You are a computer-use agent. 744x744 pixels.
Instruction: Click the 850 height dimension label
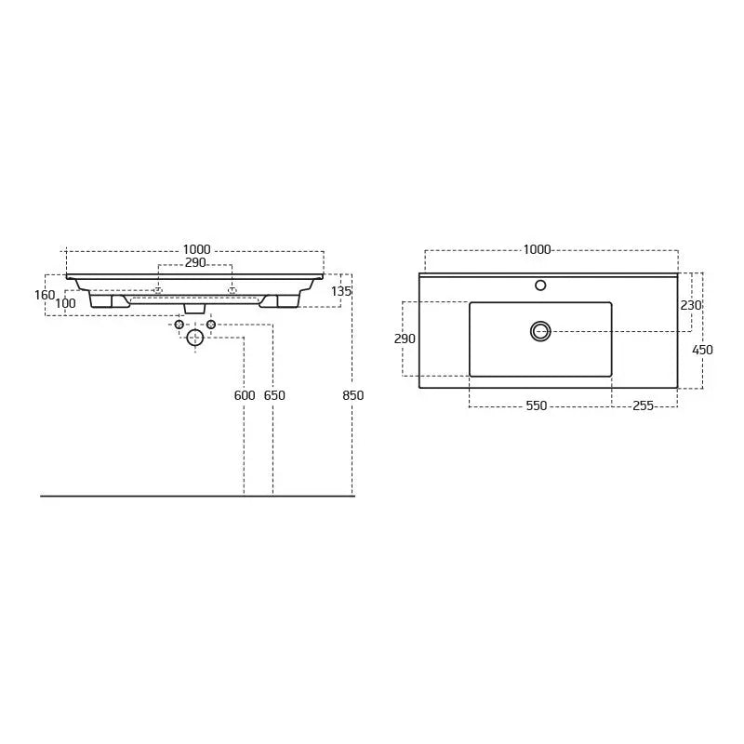coord(353,395)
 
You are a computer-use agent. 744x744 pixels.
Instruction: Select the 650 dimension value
coord(274,395)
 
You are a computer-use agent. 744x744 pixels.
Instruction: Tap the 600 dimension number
coord(245,395)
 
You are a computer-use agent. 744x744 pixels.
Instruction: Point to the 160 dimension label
coord(45,295)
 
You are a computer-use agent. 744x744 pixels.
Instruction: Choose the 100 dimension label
coord(65,304)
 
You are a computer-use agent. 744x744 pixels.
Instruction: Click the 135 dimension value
coord(341,291)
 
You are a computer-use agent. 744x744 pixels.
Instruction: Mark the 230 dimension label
coord(691,305)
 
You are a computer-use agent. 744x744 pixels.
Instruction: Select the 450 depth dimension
coord(702,350)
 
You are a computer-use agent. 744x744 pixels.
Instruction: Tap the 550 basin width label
coord(537,405)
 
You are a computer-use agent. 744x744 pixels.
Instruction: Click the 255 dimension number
coord(644,405)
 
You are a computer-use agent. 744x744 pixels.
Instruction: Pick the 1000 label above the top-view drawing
coord(537,249)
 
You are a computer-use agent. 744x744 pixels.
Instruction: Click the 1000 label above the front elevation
coord(196,249)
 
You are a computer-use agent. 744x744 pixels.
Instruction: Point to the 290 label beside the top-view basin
coord(405,339)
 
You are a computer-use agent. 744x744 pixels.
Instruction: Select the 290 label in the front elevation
coord(195,263)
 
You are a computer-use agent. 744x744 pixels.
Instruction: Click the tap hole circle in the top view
coord(540,286)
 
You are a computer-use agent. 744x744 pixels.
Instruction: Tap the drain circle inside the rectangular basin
coord(540,331)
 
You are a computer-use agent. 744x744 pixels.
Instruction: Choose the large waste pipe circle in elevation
coord(195,338)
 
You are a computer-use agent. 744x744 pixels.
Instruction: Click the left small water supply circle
coord(179,325)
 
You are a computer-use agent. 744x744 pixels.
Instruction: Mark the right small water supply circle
coord(211,325)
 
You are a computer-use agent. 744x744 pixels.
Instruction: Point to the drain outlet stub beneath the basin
coord(194,308)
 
